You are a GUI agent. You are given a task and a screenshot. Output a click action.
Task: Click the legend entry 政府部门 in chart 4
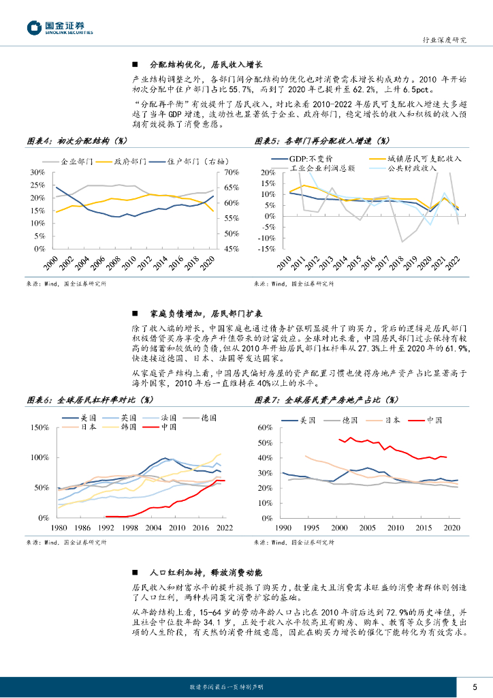[130, 162]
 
